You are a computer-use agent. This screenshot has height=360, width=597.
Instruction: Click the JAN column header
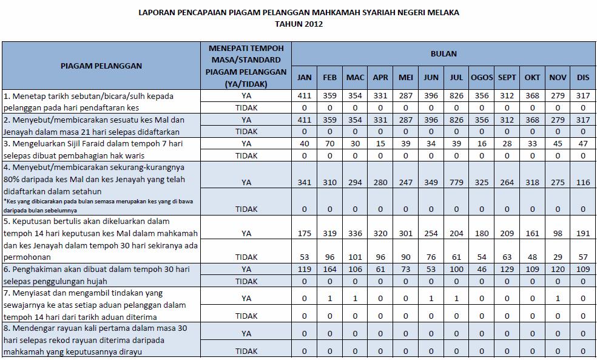pos(305,78)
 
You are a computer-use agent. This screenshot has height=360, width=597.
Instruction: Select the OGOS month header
pos(482,78)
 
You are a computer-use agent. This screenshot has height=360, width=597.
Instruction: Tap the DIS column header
pos(583,78)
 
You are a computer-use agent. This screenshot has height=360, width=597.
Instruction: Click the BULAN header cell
pos(444,53)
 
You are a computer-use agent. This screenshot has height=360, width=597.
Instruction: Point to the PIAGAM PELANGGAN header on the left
pos(101,66)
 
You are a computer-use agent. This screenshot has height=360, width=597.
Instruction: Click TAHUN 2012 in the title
pos(298,24)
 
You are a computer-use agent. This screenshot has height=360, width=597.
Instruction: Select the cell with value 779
pos(456,181)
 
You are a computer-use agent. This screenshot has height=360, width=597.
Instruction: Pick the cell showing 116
pos(583,181)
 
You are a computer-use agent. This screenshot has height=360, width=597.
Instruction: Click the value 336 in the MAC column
pos(356,233)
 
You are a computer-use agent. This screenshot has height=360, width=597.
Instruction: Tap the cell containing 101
pos(356,257)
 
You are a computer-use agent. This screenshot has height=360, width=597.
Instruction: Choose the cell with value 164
pos(330,269)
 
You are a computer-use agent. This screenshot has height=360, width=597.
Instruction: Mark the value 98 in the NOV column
pos(558,233)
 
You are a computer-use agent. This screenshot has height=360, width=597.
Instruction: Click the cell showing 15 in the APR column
pos(380,144)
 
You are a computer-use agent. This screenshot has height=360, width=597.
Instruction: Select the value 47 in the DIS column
pos(583,144)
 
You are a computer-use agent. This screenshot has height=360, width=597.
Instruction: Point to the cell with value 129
pos(507,269)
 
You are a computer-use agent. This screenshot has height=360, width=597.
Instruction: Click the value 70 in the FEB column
pos(330,144)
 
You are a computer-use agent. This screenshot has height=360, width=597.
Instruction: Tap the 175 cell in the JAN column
pos(305,233)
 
